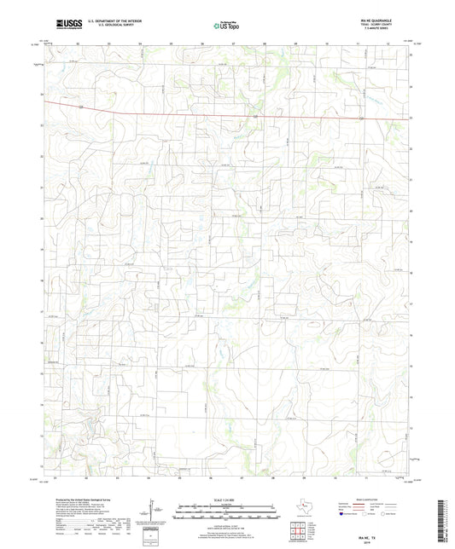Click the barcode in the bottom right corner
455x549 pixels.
pyautogui.click(x=443, y=521)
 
